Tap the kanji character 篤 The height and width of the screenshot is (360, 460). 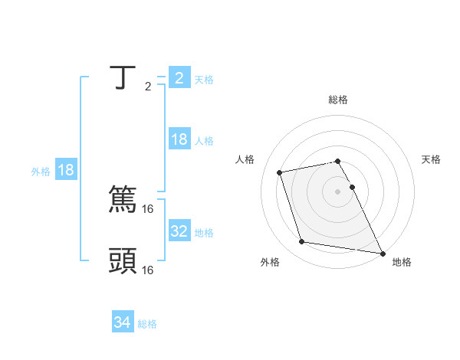[x=123, y=199]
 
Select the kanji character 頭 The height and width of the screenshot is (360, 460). [x=123, y=260]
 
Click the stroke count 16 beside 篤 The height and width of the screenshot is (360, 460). [x=149, y=208]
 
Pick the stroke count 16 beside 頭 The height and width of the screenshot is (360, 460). [x=149, y=270]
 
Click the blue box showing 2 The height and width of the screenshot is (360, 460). [x=179, y=77]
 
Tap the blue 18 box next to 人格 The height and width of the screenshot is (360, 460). [x=179, y=139]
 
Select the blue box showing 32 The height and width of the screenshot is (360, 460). [x=179, y=231]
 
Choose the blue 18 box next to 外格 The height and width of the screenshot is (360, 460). [x=66, y=170]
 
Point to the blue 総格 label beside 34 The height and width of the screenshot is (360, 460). [x=147, y=324]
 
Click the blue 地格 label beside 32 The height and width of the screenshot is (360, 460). [x=204, y=232]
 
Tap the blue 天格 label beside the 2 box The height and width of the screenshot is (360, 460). [x=204, y=79]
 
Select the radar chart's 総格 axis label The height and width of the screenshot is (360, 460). [x=337, y=100]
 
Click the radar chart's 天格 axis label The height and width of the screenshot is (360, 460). [x=432, y=159]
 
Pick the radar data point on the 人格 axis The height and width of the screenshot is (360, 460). [x=280, y=172]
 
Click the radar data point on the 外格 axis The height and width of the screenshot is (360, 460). [x=302, y=242]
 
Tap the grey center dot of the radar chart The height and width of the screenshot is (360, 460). [x=337, y=191]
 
